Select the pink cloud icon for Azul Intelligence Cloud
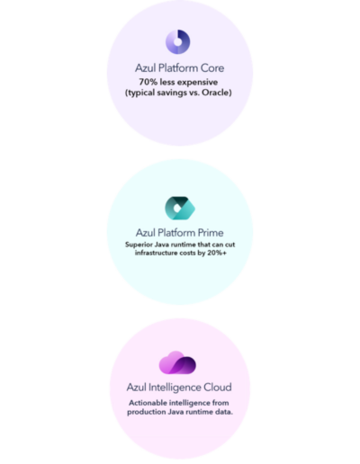pyautogui.click(x=177, y=362)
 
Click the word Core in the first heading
pyautogui.click(x=212, y=68)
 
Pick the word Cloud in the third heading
pyautogui.click(x=218, y=387)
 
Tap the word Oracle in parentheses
pyautogui.click(x=215, y=93)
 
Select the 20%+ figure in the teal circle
pyautogui.click(x=217, y=253)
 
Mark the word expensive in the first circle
pyautogui.click(x=198, y=83)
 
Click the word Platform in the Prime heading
pyautogui.click(x=176, y=233)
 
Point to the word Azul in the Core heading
pyautogui.click(x=146, y=68)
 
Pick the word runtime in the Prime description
pyautogui.click(x=184, y=245)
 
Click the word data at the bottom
pyautogui.click(x=224, y=412)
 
